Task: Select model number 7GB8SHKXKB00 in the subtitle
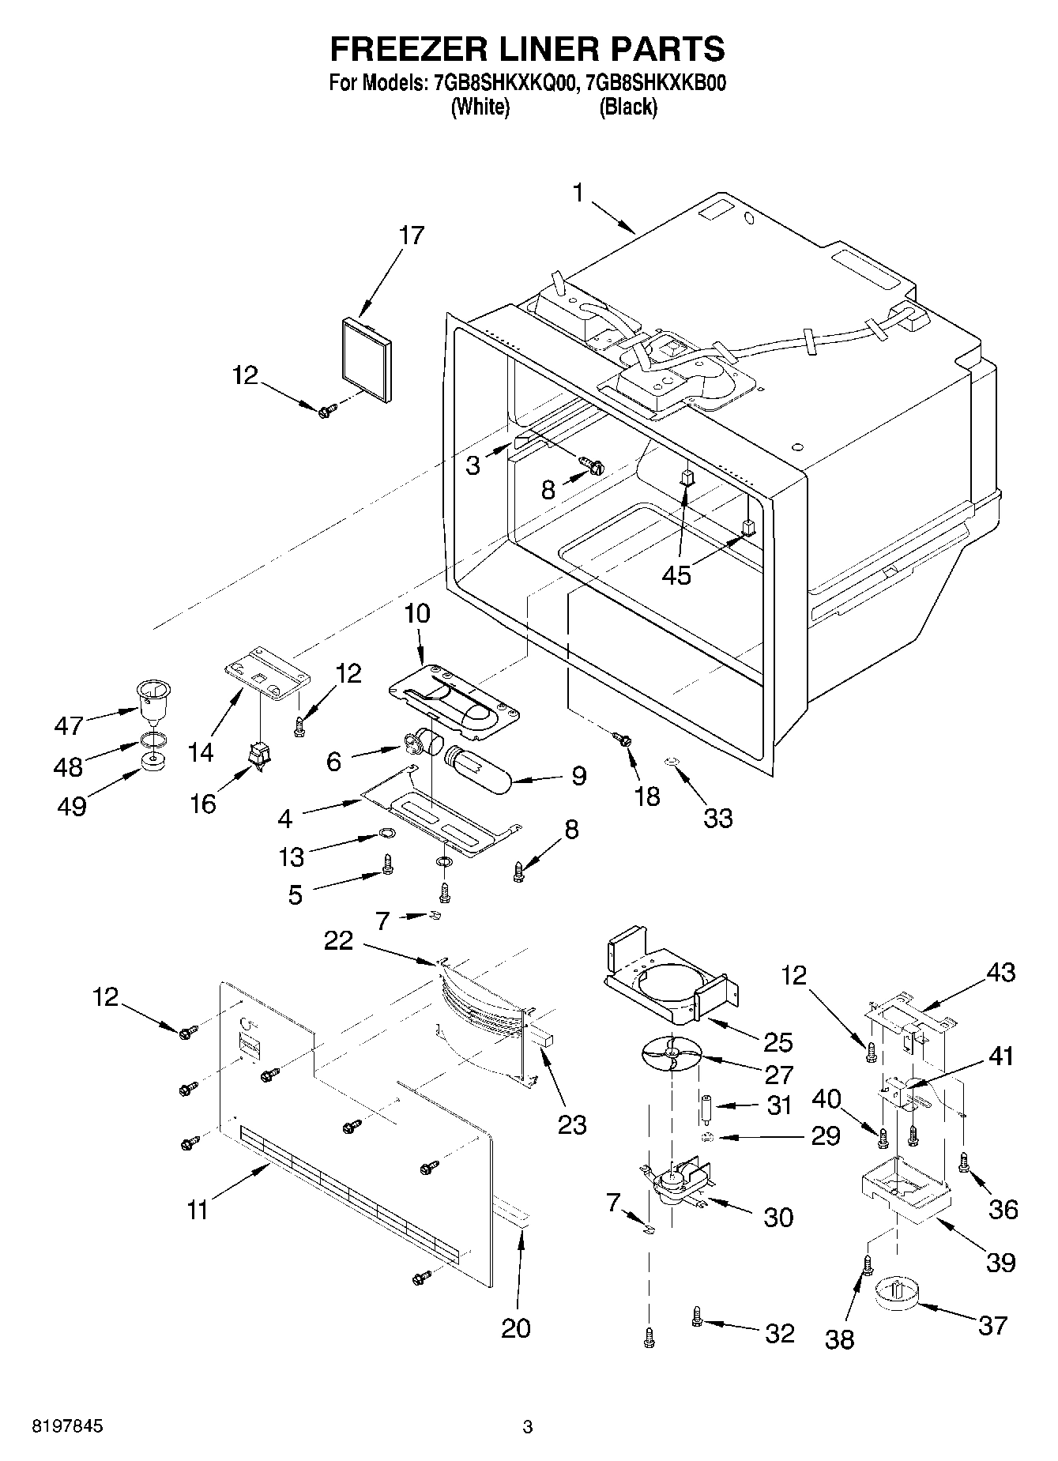click(652, 83)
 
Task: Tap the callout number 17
click(412, 235)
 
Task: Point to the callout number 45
click(677, 575)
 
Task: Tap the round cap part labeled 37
click(898, 1295)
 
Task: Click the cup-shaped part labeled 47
click(153, 699)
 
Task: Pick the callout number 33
click(718, 818)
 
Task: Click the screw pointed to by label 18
click(624, 740)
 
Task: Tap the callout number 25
click(777, 1043)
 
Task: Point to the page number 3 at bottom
click(528, 1427)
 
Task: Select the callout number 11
click(198, 1209)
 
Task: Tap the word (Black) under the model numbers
click(628, 107)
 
